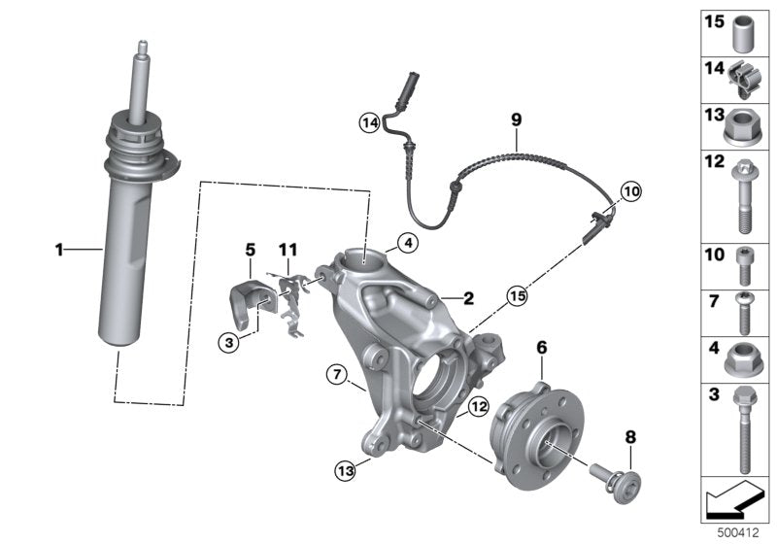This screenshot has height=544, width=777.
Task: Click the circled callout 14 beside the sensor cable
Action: [368, 122]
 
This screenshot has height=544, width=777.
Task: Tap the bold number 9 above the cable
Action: [517, 119]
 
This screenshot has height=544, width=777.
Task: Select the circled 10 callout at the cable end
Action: [631, 191]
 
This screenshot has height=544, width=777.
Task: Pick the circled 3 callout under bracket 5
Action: [227, 341]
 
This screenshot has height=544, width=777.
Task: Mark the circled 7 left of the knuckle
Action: [336, 373]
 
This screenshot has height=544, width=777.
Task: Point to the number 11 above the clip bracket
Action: [288, 250]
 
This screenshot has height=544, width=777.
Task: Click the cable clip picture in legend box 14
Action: [742, 77]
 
